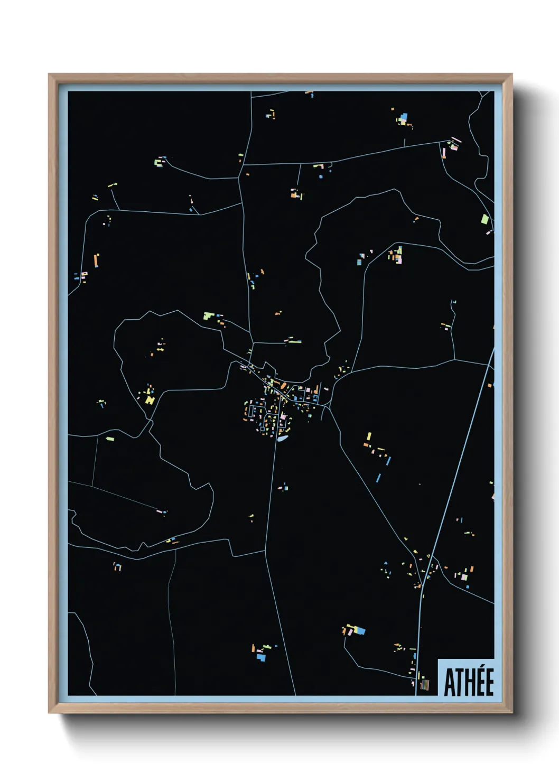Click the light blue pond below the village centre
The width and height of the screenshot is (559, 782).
click(283, 438)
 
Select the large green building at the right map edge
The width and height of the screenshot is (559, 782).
click(485, 219)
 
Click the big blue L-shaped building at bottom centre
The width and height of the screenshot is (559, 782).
click(260, 657)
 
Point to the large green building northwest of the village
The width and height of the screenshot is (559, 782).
click(209, 316)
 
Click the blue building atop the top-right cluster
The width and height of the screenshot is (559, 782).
click(405, 116)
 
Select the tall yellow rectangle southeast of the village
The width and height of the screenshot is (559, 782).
click(369, 436)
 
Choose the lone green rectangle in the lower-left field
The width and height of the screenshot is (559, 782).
click(110, 438)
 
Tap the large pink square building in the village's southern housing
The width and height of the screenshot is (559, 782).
click(283, 417)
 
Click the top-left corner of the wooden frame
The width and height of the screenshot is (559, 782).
click(49, 75)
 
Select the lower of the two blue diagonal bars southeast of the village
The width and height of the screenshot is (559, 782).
click(378, 478)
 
